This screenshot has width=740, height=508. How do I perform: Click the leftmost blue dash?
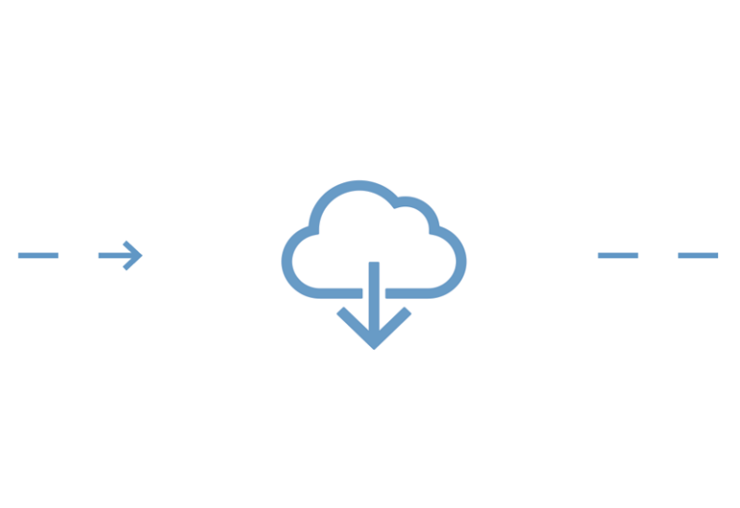pyautogui.click(x=39, y=255)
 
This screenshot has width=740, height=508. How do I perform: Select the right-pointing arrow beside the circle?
pyautogui.click(x=121, y=255)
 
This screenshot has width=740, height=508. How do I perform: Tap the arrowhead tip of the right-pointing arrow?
pyautogui.click(x=142, y=255)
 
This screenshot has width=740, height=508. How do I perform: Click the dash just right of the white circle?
pyautogui.click(x=618, y=255)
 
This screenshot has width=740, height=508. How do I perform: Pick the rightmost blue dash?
pyautogui.click(x=698, y=255)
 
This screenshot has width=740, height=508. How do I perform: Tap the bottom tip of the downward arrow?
pyautogui.click(x=374, y=346)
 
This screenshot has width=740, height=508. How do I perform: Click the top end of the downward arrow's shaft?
pyautogui.click(x=374, y=264)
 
